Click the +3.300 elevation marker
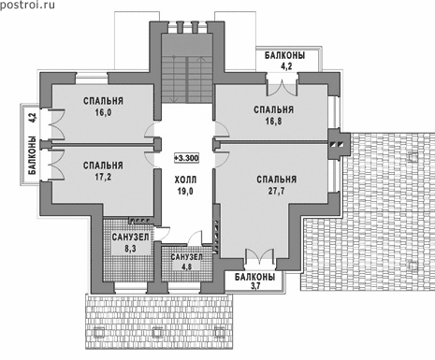coord(186,158)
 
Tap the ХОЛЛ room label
coord(185,180)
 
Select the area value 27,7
coord(276,191)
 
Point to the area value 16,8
coord(273,121)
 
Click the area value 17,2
coord(103,177)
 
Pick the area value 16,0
coord(103,112)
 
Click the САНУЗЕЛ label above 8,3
coord(130,238)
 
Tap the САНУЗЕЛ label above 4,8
coord(186,257)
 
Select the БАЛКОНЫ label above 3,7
coord(255,277)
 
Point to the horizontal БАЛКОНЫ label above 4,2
coord(285,55)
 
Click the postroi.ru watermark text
coord(27,5)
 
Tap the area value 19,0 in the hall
coord(185,191)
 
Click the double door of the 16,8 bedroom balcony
coord(282,85)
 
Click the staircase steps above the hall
coord(187,79)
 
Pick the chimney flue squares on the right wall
coord(338,144)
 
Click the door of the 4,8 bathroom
coord(196,238)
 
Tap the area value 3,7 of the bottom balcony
coord(255,286)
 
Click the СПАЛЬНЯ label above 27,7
coord(276,180)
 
